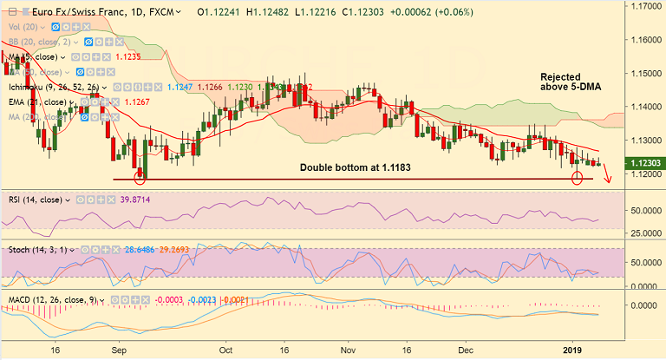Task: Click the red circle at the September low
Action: [140, 177]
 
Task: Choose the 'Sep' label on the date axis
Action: [121, 350]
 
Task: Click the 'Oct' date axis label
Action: [226, 350]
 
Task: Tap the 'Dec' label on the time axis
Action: [465, 350]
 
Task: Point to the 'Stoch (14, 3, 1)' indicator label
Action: [36, 249]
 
